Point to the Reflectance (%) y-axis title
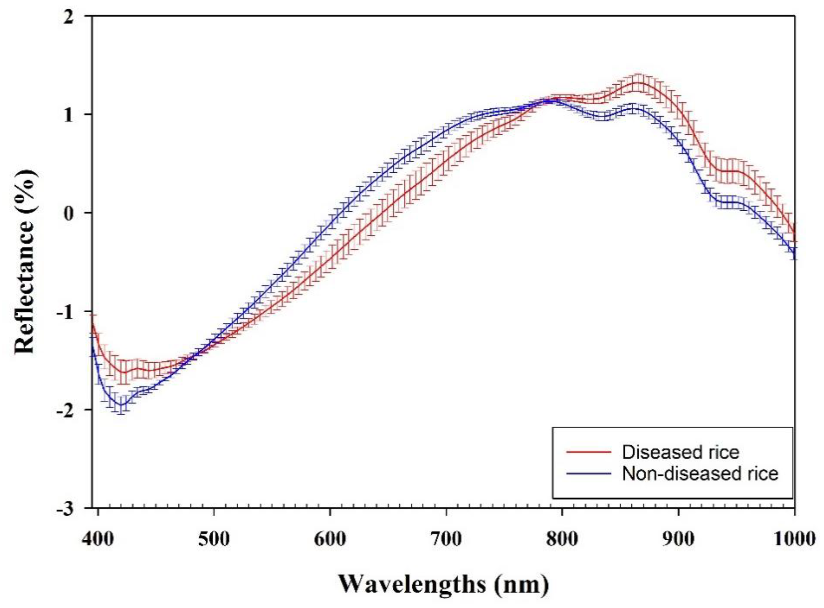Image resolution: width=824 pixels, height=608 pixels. point(26,261)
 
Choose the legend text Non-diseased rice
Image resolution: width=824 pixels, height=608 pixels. point(700,473)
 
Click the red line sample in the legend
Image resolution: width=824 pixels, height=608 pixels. point(589,452)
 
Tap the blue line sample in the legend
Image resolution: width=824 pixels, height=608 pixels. point(589,473)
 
